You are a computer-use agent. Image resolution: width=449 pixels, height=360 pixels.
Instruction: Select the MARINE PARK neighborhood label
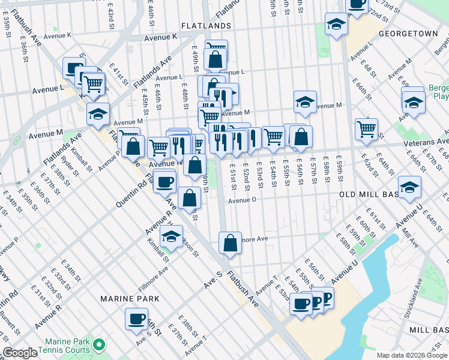coord(130,298)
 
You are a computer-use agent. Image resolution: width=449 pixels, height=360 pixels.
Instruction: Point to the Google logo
coord(20,353)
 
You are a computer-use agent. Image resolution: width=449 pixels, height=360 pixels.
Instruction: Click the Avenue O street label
coord(243,200)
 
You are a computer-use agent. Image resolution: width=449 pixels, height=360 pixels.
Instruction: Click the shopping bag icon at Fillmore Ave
coord(230,243)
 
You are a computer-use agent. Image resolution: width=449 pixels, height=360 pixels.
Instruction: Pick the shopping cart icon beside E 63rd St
coord(366,128)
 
